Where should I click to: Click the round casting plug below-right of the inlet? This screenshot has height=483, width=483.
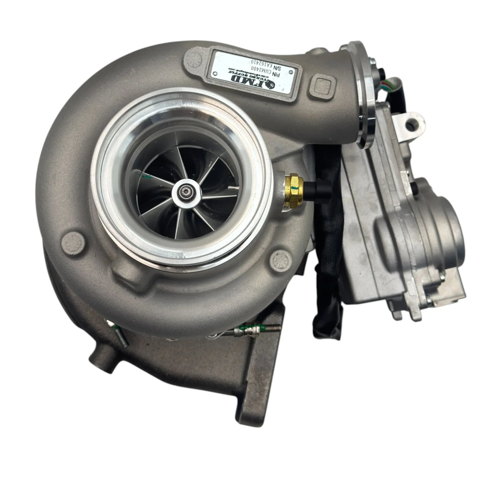click(279, 261)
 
